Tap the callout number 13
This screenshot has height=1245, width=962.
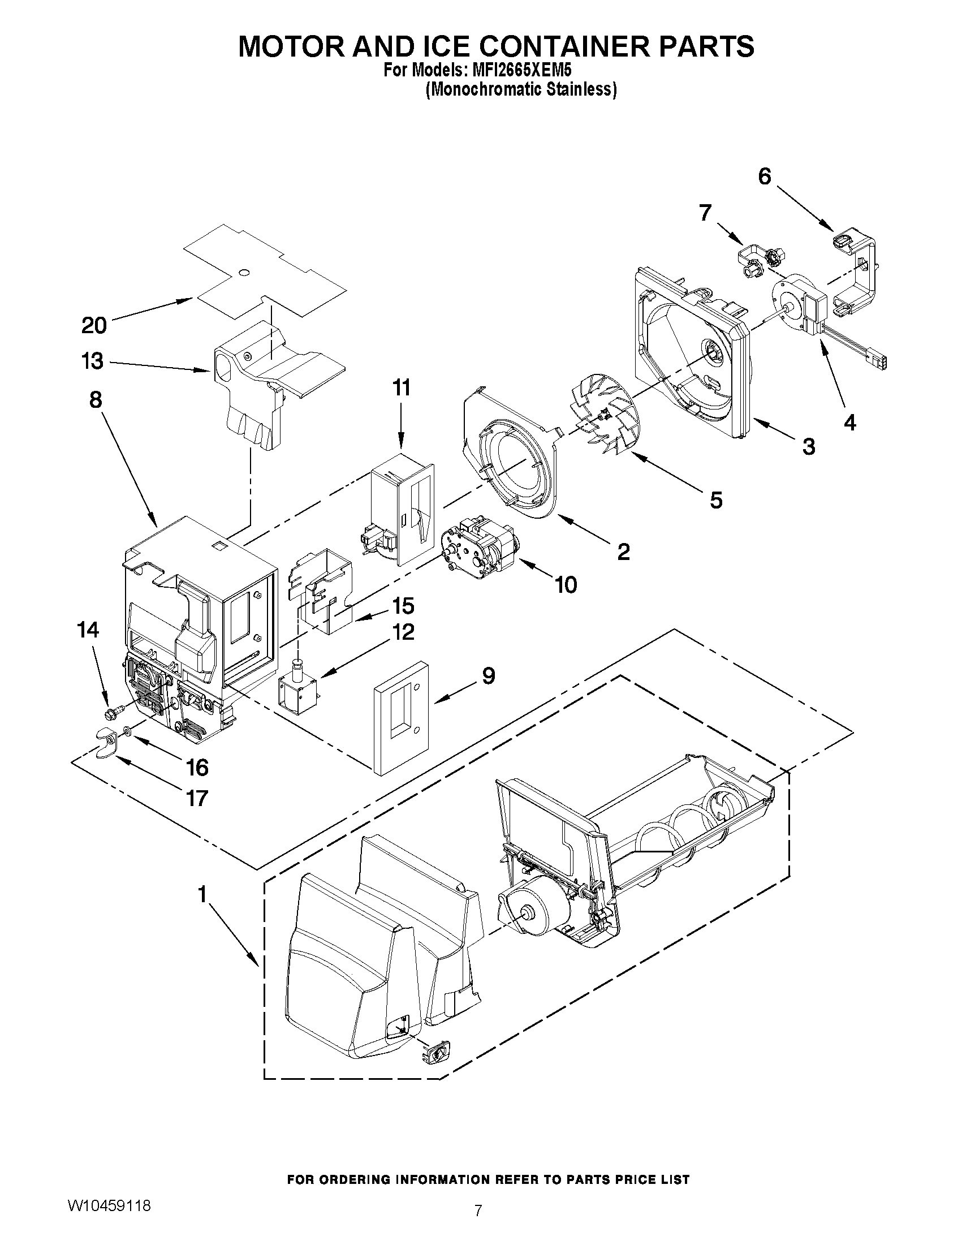[x=92, y=361]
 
